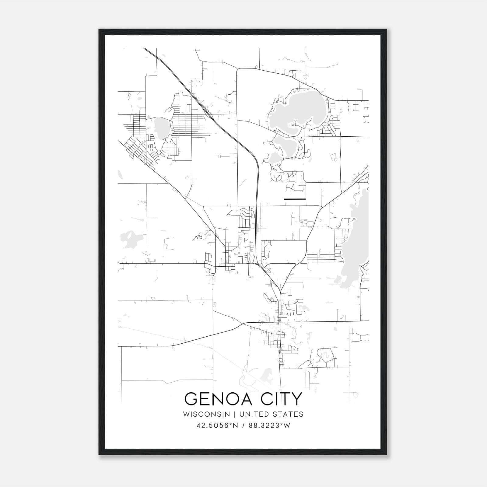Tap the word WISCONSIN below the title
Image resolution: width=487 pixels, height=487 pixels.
[x=208, y=414]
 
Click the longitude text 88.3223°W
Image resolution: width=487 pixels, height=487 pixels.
[x=270, y=426]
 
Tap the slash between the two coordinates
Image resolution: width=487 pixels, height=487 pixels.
[x=243, y=426]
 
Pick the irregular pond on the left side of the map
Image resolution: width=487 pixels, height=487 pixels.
[x=129, y=238]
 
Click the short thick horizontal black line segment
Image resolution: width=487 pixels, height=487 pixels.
[x=295, y=199]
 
